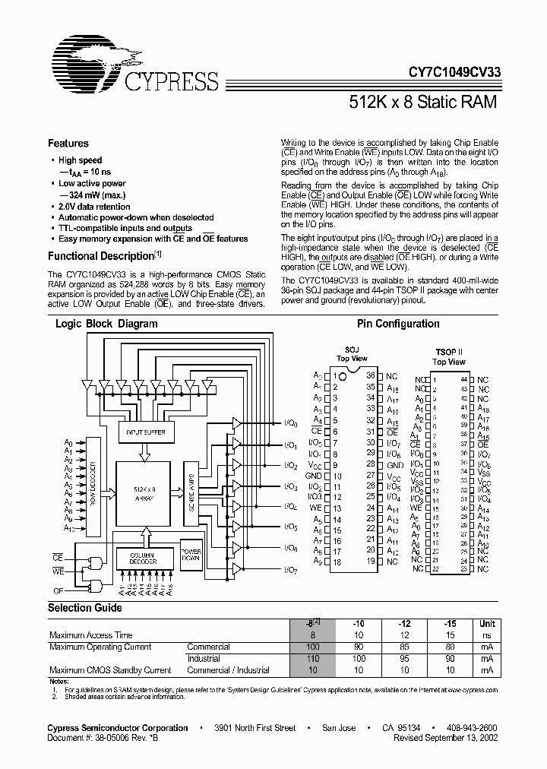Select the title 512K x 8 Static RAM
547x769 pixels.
tap(423, 102)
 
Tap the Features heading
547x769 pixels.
tap(68, 143)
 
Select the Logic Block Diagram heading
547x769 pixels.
tap(106, 324)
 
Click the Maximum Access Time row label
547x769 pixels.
tap(91, 635)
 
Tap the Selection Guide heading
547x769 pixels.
tap(85, 608)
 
